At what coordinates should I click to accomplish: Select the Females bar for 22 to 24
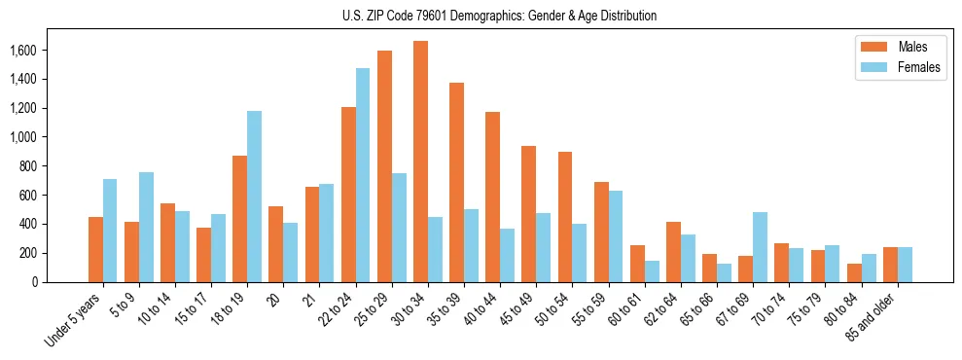click(x=363, y=175)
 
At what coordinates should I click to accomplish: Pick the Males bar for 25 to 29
click(x=384, y=166)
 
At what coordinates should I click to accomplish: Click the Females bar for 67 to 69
click(x=760, y=247)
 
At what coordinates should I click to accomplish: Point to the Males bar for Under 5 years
click(x=95, y=249)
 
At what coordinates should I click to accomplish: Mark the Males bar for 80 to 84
click(x=854, y=272)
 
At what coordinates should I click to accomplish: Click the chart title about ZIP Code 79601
click(x=499, y=16)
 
